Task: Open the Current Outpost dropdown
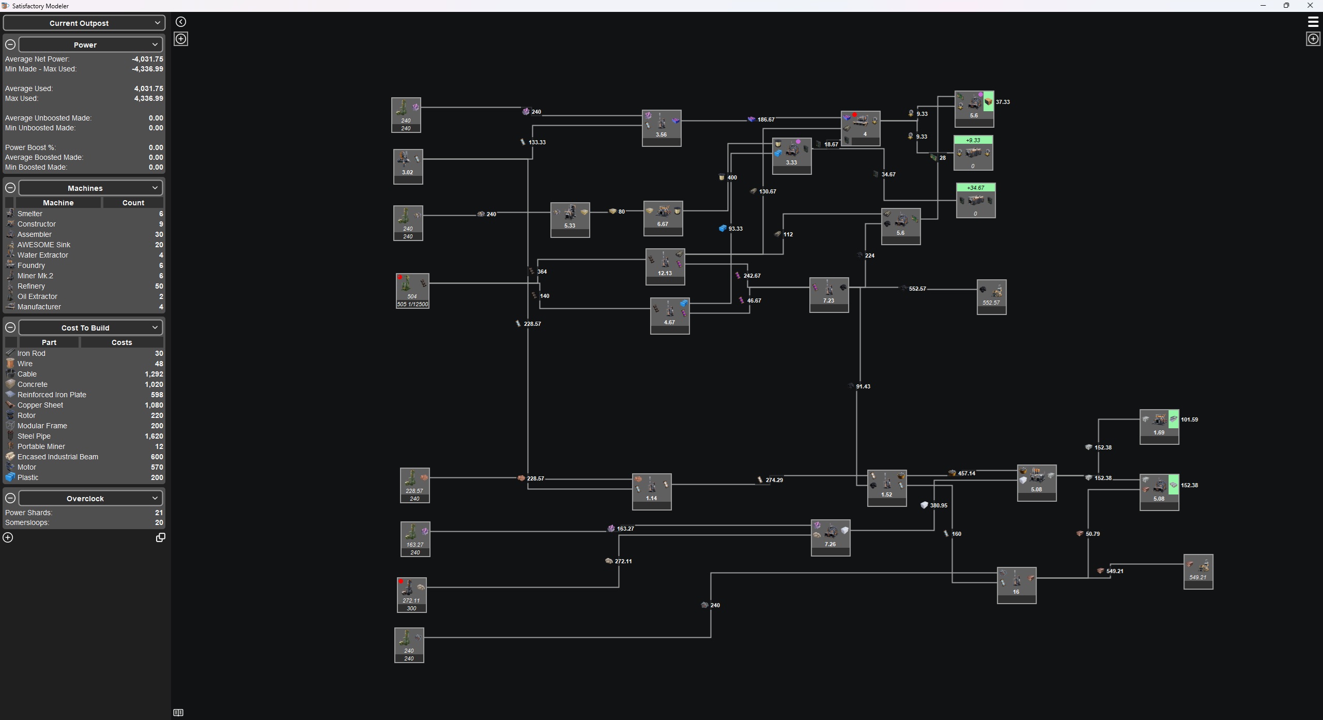click(x=84, y=23)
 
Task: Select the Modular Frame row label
click(x=42, y=426)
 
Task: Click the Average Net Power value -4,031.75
click(x=147, y=59)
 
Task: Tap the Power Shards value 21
click(x=159, y=513)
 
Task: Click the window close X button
click(x=1310, y=6)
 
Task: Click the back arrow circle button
click(x=181, y=22)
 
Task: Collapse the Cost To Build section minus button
click(x=10, y=327)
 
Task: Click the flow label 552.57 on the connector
click(x=917, y=289)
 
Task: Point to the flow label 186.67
click(x=766, y=119)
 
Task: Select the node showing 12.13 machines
click(x=665, y=266)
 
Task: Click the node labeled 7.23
click(x=829, y=295)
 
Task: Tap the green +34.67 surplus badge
click(x=976, y=188)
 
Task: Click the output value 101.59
click(x=1189, y=419)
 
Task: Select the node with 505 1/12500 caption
click(x=412, y=291)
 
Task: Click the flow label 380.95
click(x=939, y=505)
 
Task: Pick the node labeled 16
click(x=1017, y=586)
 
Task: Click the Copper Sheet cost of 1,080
click(x=153, y=405)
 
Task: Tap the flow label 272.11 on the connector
click(x=623, y=561)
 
